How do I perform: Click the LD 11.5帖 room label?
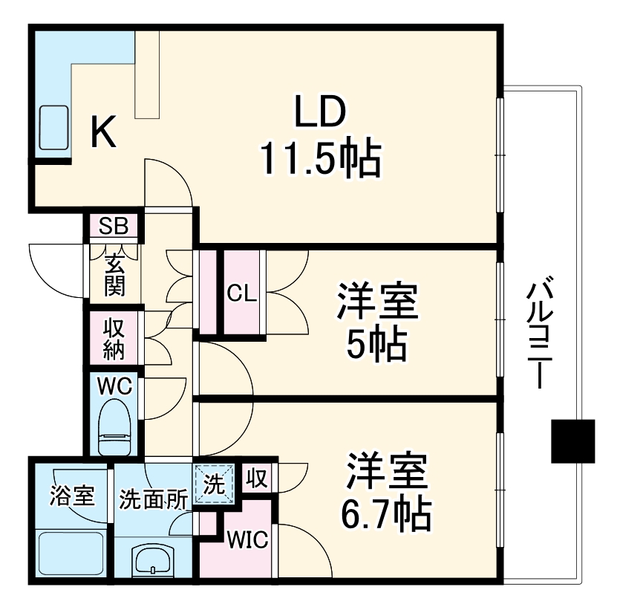pyautogui.click(x=320, y=135)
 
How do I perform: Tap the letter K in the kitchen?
pyautogui.click(x=103, y=134)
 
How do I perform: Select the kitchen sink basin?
pyautogui.click(x=53, y=130)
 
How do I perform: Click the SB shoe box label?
pyautogui.click(x=114, y=226)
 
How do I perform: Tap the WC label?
pyautogui.click(x=114, y=386)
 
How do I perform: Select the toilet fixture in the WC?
pyautogui.click(x=114, y=427)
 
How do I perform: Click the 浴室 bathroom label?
pyautogui.click(x=72, y=496)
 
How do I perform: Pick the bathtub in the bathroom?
pyautogui.click(x=71, y=554)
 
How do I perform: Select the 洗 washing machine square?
pyautogui.click(x=214, y=484)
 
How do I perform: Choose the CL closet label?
pyautogui.click(x=241, y=293)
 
